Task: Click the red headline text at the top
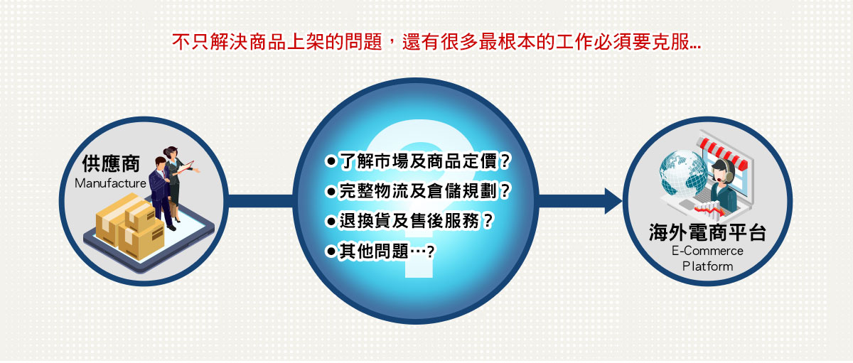click(436, 41)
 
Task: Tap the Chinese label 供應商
click(111, 163)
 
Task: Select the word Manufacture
click(110, 183)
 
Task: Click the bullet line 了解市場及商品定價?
click(418, 161)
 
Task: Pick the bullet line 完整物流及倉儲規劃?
click(418, 190)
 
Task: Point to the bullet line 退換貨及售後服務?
click(409, 221)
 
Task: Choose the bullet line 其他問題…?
click(380, 251)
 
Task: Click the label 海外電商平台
click(707, 232)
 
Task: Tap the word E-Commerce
click(707, 251)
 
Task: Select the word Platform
click(707, 266)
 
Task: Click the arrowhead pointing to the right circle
click(613, 201)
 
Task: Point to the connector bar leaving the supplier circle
click(260, 201)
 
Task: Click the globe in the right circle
click(684, 173)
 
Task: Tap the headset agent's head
click(723, 170)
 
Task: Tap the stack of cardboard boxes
click(130, 226)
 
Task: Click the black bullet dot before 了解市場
click(331, 161)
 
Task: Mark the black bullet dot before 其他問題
click(331, 251)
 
